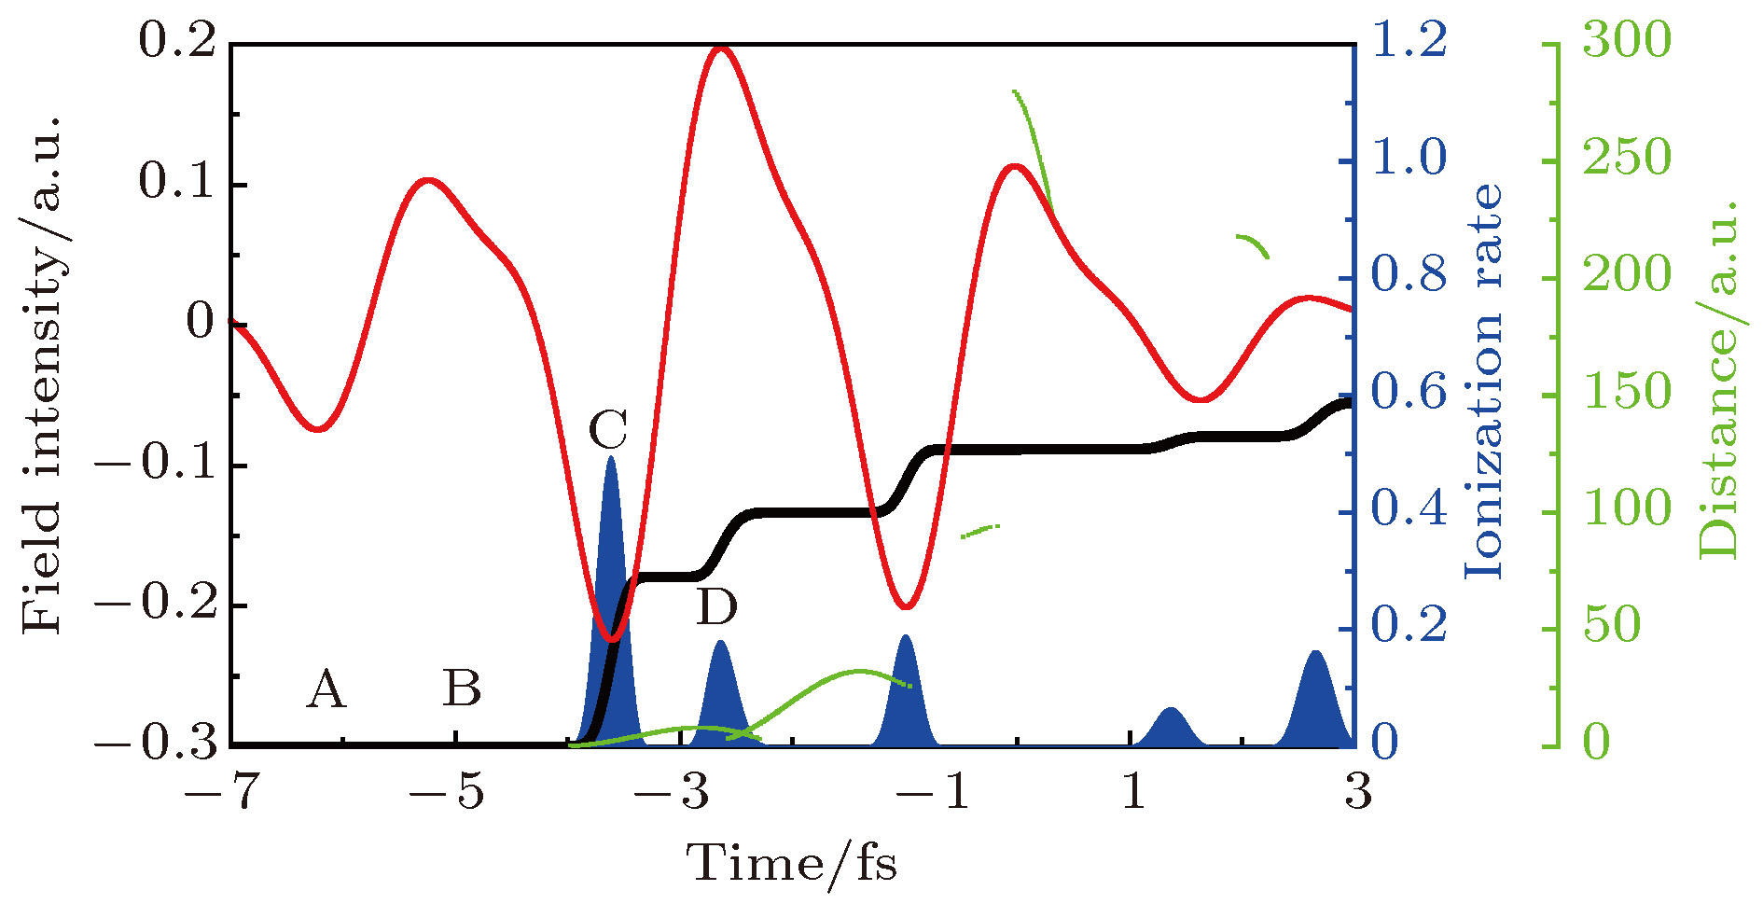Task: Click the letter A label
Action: point(326,689)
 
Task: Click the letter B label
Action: point(462,688)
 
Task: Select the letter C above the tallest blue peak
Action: point(608,430)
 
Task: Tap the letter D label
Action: point(716,607)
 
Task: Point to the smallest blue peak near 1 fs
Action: point(1172,728)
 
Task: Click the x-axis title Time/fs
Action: point(792,862)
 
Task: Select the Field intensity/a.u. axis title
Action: point(42,373)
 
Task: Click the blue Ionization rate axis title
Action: point(1483,381)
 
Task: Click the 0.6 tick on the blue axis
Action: point(1409,392)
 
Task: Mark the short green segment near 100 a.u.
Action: point(980,531)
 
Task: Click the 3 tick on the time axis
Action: point(1358,791)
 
